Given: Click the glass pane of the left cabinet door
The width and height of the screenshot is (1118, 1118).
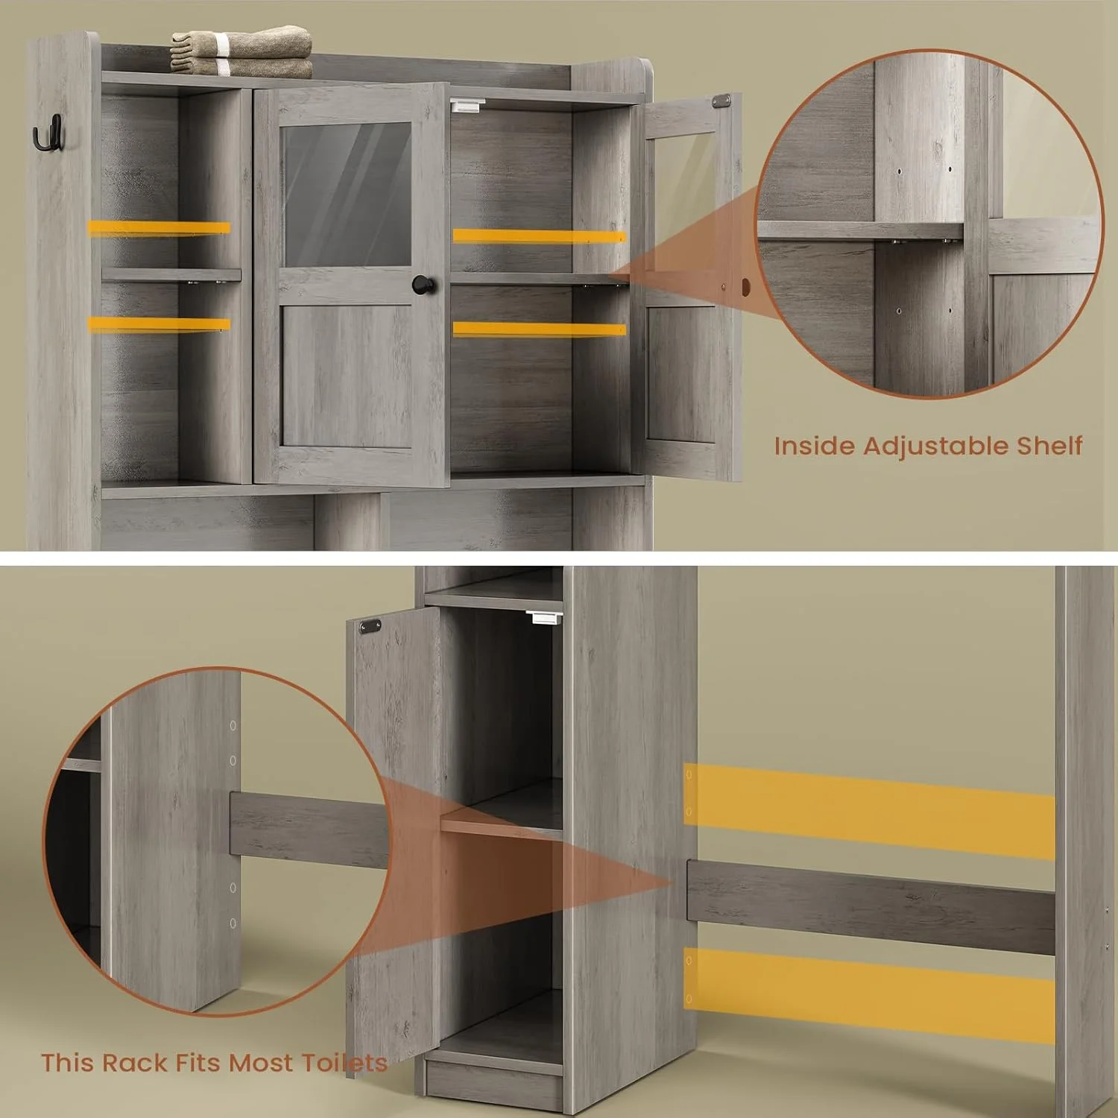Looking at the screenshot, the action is (x=346, y=193).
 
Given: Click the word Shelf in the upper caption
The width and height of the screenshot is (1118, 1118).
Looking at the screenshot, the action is (x=1049, y=445).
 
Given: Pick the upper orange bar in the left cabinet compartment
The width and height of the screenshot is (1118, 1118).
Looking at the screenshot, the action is (x=159, y=229).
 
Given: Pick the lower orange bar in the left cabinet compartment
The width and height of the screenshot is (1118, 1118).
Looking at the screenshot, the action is (x=159, y=324).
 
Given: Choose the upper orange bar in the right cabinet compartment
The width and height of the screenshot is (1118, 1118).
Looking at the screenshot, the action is (x=539, y=236).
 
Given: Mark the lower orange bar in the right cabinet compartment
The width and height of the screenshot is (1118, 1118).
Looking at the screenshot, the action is (x=539, y=329).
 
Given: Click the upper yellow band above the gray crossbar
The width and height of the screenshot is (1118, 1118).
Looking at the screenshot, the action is (x=870, y=811).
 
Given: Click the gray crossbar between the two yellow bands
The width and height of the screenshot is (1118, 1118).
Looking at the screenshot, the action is (x=871, y=906).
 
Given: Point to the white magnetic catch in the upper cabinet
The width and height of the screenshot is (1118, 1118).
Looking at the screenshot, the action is (x=467, y=106).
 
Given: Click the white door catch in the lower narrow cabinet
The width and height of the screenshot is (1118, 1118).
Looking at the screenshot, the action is (x=543, y=617).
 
